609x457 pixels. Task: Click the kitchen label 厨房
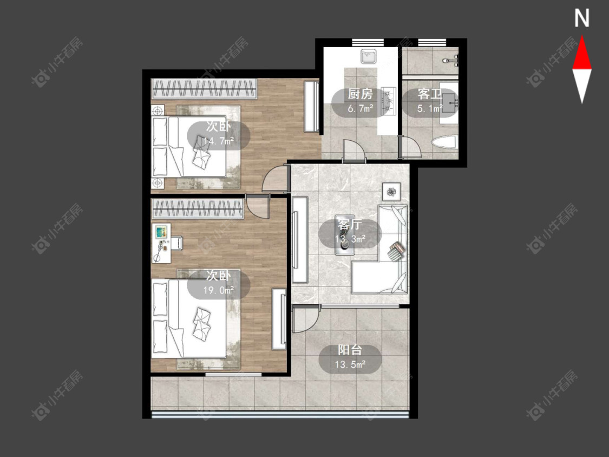pos(360,94)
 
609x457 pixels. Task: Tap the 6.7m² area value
pos(360,108)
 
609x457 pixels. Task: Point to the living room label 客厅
pos(350,225)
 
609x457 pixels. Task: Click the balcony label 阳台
pos(350,350)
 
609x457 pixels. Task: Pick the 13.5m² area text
pos(350,364)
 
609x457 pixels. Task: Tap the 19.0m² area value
pos(219,290)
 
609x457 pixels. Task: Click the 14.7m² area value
pos(219,141)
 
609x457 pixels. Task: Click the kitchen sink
pos(368,57)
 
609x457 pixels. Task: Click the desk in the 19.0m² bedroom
pos(162,243)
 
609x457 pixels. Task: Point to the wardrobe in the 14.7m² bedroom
pos(204,89)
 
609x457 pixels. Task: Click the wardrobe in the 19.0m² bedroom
pos(198,209)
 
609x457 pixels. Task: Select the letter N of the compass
pos(582,18)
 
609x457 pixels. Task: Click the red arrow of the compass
pos(582,53)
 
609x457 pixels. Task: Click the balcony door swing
pos(305,319)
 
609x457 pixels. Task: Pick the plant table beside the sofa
pos(391,191)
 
